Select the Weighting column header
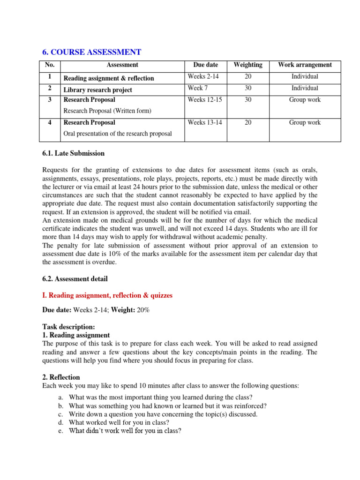point(248,65)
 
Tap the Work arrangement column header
point(305,65)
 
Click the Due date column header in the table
point(205,65)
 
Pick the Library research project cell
point(98,90)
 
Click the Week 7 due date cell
point(195,88)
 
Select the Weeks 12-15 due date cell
point(202,100)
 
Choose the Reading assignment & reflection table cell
point(109,78)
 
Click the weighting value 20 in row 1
point(248,76)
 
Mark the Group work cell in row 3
point(305,100)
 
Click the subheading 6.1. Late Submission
point(74,153)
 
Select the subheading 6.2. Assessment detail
point(75,279)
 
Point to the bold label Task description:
point(68,327)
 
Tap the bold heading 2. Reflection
point(61,377)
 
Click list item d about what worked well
point(112,422)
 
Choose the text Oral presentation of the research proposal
point(118,134)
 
